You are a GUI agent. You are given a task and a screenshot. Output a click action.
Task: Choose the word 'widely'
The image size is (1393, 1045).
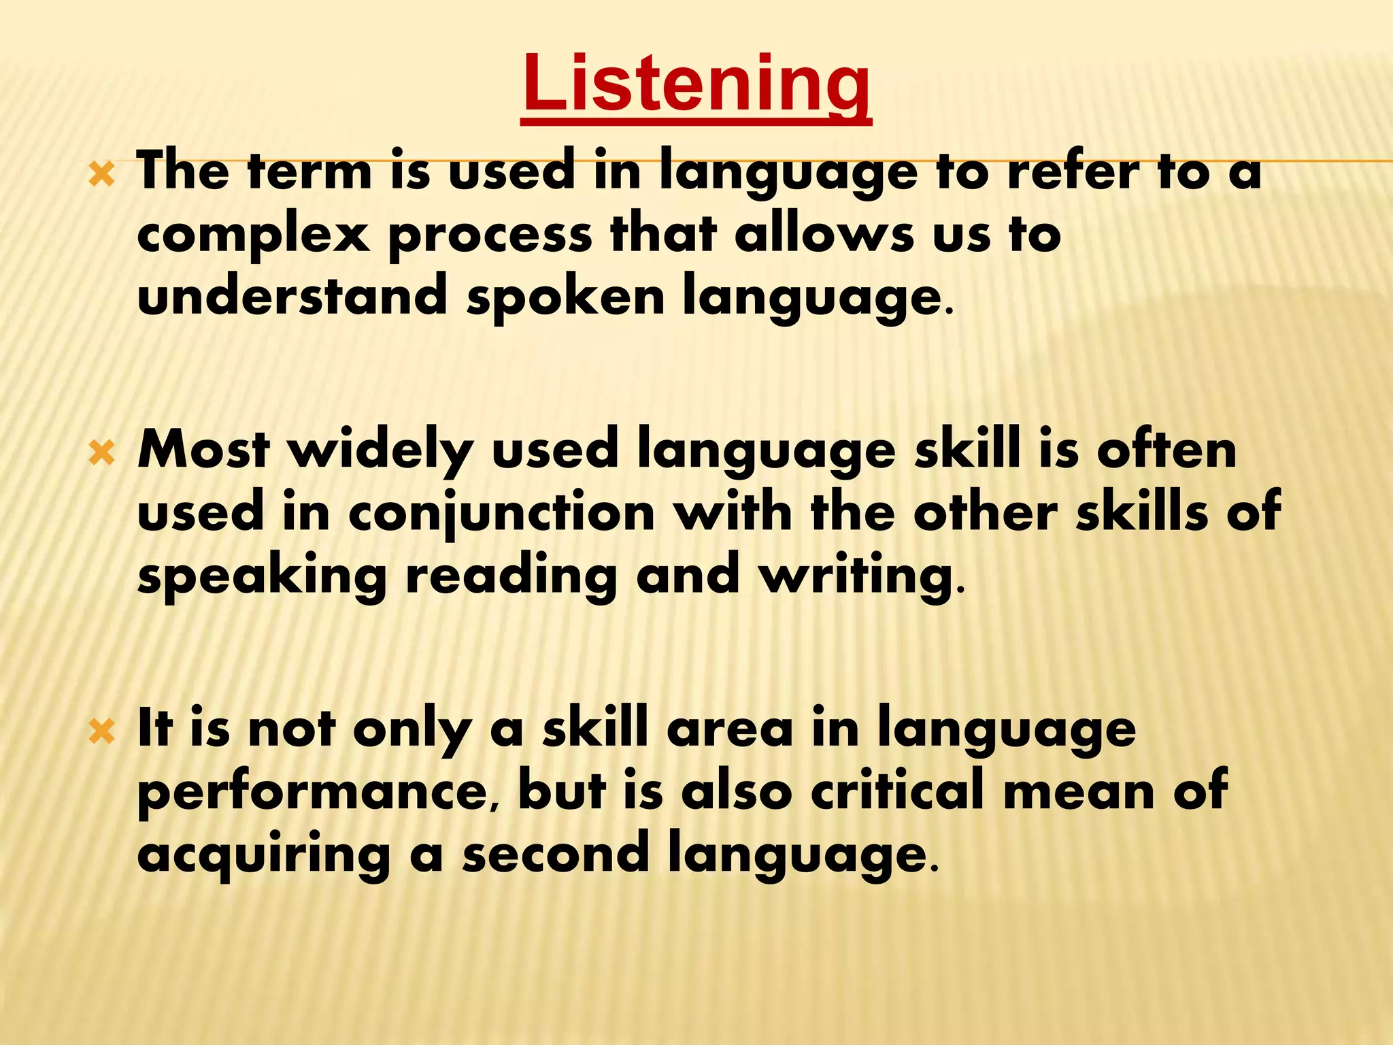click(381, 452)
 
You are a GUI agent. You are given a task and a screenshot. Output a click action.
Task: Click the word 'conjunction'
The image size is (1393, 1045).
click(501, 516)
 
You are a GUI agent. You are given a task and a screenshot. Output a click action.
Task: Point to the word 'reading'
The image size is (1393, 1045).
click(510, 577)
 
